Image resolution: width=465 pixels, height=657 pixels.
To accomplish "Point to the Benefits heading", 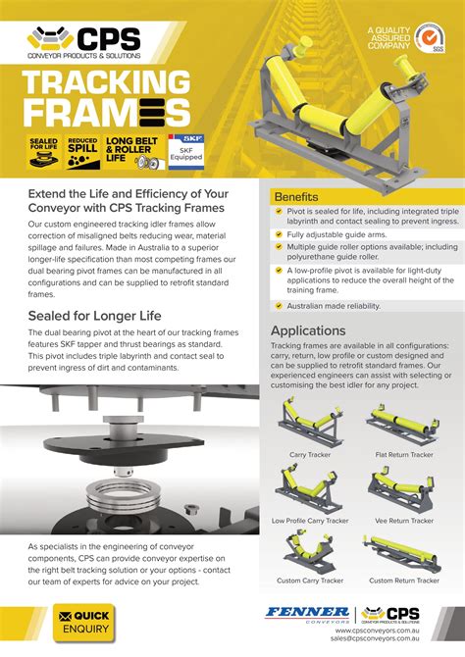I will tap(297, 197).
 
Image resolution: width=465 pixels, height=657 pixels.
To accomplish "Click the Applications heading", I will tap(309, 330).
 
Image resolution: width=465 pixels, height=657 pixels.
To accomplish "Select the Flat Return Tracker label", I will tap(404, 455).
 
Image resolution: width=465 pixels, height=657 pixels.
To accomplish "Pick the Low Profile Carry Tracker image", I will tap(309, 488).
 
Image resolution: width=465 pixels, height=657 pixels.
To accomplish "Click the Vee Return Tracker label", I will tap(404, 521).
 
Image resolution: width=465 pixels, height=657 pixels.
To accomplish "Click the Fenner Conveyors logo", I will tap(307, 613).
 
